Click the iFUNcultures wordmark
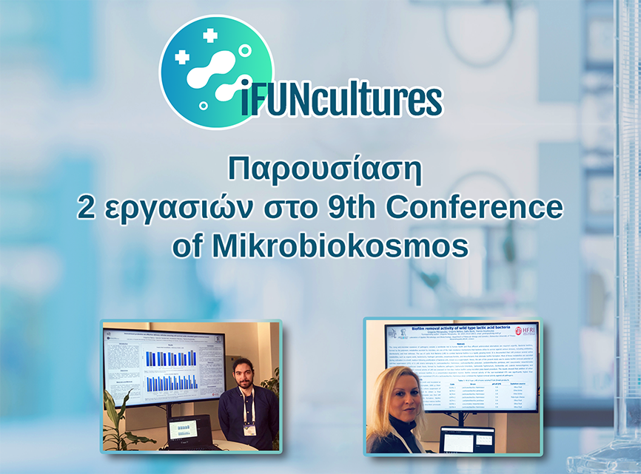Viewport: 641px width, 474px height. [x=341, y=101]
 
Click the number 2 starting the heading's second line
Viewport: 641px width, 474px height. [x=87, y=208]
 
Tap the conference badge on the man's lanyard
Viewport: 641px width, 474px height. [x=250, y=430]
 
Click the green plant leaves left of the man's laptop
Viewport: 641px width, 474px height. [x=117, y=425]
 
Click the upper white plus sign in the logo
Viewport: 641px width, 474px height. [x=210, y=35]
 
